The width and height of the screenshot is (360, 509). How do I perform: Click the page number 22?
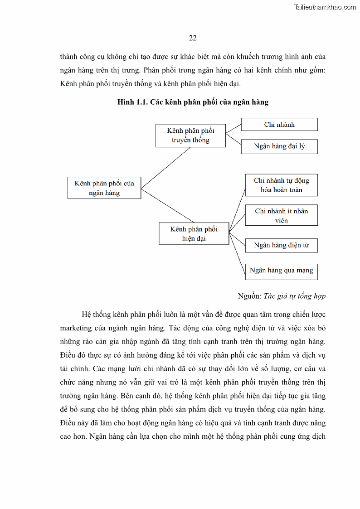(193, 38)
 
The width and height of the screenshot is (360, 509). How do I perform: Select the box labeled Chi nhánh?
(279, 125)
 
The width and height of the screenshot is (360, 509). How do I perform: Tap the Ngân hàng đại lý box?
(279, 146)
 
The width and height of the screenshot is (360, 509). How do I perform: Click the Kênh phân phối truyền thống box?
(190, 135)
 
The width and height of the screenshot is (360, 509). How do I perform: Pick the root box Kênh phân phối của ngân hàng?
(104, 188)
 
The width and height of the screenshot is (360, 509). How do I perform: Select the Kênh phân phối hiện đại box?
(194, 233)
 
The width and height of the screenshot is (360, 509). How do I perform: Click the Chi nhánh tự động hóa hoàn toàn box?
(281, 185)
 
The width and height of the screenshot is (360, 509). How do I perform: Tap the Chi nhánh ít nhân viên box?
(281, 215)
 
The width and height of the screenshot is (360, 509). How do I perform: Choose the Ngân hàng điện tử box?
(281, 245)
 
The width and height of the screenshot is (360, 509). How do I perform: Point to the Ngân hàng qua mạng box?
(281, 271)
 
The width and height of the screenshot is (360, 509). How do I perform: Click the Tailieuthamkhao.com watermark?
(325, 7)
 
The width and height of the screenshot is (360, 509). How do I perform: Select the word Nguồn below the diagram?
(249, 296)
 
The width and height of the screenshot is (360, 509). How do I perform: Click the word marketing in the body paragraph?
(76, 328)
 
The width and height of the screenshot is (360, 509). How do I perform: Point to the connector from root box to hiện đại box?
(168, 209)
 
